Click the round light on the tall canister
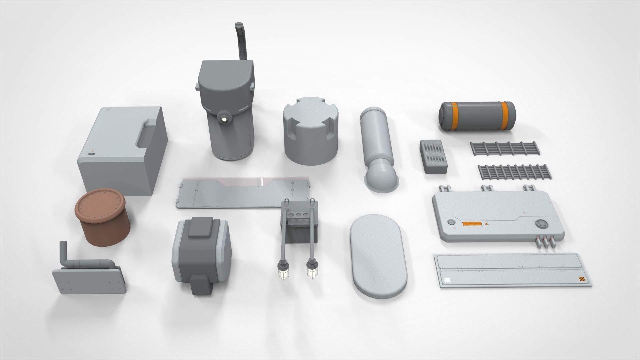[224, 118]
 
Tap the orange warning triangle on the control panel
[487, 223]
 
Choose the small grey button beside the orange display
[451, 222]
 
